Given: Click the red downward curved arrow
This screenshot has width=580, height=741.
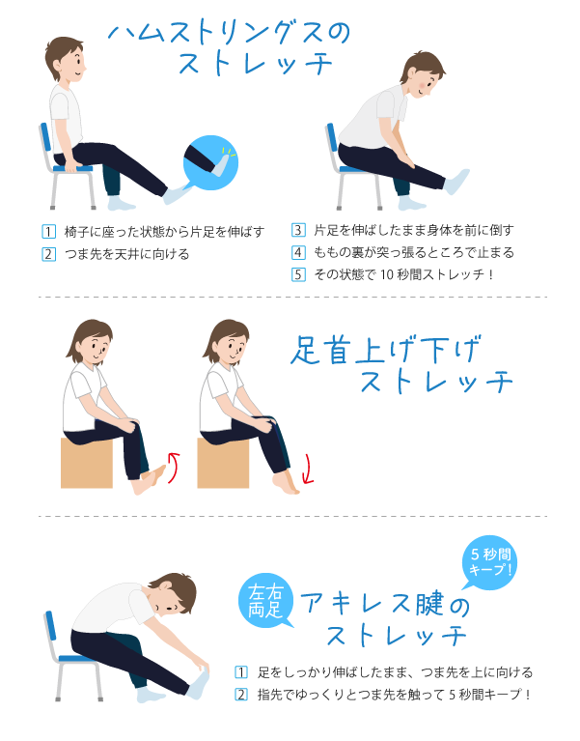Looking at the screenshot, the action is (309, 470).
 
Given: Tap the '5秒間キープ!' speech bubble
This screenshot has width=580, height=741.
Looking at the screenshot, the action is (490, 562).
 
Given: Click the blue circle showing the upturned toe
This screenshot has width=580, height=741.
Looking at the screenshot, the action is (210, 162).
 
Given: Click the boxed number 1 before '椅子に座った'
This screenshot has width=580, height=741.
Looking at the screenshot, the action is (48, 232).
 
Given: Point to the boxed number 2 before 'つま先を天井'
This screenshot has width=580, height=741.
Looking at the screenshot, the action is (48, 254).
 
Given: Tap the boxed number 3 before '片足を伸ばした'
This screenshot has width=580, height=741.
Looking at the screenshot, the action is (298, 230).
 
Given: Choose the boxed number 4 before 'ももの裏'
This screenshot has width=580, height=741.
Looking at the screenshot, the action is (298, 252).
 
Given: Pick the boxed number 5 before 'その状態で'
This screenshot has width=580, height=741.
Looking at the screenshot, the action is (298, 274).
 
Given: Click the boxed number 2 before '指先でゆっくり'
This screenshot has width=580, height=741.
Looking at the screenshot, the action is (241, 695).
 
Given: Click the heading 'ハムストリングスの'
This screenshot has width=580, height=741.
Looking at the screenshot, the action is (230, 33).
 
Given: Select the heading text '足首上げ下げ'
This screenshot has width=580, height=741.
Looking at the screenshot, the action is (386, 350).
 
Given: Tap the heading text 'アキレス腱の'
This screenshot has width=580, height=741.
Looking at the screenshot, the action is (385, 604).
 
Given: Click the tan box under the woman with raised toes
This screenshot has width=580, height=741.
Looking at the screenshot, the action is (87, 463).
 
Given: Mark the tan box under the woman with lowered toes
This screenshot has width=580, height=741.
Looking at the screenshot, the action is (223, 463).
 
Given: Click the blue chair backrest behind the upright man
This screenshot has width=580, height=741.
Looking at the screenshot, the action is (45, 138).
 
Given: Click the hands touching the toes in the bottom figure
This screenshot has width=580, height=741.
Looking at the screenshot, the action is (202, 667).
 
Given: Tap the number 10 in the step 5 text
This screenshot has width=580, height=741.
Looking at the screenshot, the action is (387, 274).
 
